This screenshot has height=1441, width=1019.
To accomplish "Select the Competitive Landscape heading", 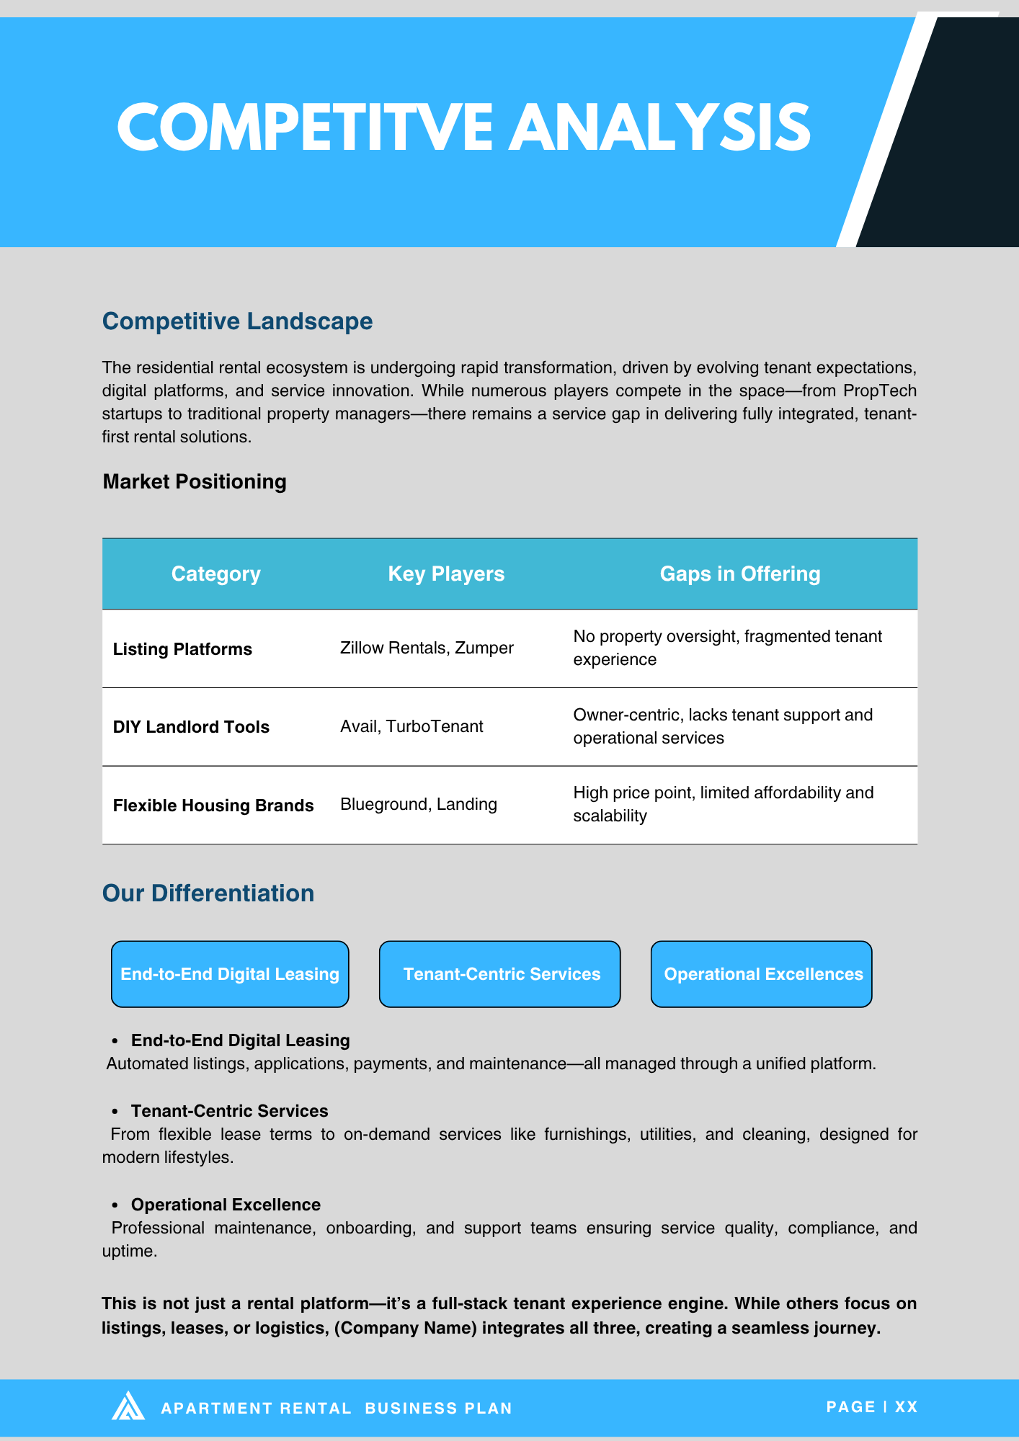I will coord(237,321).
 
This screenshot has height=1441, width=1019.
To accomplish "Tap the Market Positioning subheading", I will coord(195,481).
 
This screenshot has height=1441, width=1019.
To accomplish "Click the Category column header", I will coord(215,574).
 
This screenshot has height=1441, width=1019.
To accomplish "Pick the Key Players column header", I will coord(446,574).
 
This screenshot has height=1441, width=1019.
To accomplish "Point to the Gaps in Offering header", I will coord(740,574).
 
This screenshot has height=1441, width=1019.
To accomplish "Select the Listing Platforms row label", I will coord(182,649).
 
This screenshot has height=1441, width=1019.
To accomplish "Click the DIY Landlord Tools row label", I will coord(191,727).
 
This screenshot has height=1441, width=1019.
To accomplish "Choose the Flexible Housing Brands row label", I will coord(213,806).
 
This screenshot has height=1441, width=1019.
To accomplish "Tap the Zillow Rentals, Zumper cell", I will coord(427,648).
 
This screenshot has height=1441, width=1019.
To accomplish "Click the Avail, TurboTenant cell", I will coord(411,726).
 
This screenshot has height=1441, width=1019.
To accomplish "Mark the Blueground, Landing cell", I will coord(419,804).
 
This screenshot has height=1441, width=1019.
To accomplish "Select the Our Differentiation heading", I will coord(208,893).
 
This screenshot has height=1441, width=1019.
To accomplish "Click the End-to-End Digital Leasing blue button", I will coord(230,974).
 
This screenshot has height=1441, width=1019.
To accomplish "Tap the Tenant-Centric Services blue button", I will coord(500,974).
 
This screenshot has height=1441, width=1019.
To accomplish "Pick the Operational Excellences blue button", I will coord(762,974).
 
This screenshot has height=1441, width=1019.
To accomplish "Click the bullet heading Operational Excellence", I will coord(226,1205).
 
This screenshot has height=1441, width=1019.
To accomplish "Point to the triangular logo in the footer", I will coord(128,1406).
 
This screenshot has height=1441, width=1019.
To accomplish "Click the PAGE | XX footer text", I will coord(871,1407).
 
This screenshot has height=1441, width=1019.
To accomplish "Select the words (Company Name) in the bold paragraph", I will coord(406,1328).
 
